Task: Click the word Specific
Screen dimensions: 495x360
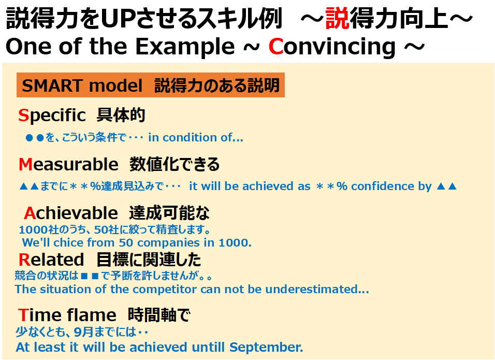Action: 52,116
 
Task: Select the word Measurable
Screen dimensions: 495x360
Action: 68,165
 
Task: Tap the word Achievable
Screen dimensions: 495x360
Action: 71,213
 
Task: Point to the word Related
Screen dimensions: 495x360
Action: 51,260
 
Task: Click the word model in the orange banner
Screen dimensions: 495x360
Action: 116,85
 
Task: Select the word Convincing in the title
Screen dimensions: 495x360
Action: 332,47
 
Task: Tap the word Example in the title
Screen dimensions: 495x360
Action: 185,47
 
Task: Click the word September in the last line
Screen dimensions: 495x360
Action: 266,348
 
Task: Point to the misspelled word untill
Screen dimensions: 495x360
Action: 209,347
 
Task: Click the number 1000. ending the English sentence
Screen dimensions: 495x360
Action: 235,242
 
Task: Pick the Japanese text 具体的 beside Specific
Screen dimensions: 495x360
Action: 121,115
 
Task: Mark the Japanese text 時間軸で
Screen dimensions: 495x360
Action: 159,315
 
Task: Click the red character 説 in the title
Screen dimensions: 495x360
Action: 337,18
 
